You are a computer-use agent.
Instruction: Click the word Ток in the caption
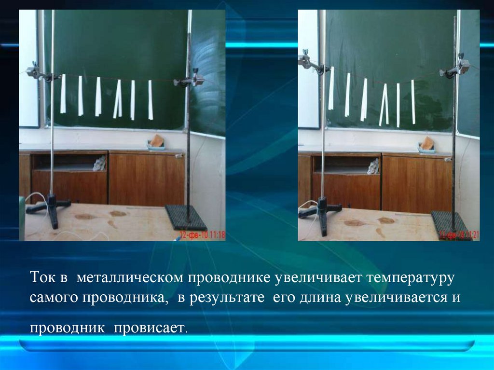coord(42,278)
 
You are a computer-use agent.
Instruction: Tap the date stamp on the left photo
coord(202,235)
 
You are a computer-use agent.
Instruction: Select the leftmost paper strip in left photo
coord(63,94)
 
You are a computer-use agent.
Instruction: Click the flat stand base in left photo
coord(186,219)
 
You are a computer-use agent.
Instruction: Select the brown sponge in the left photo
coord(157,141)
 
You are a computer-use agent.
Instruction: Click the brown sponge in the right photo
coord(427,143)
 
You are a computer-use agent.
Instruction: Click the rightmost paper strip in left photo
coord(151,100)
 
